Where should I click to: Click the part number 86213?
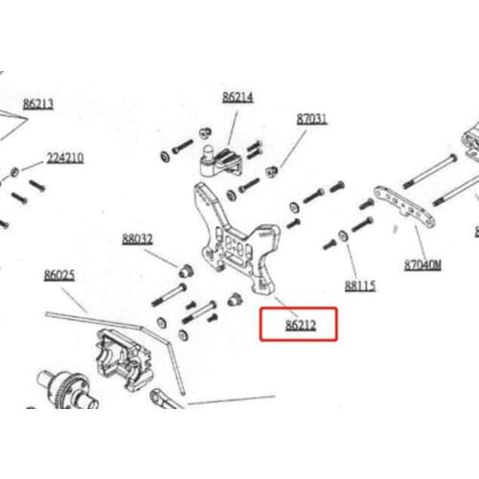tap(38, 104)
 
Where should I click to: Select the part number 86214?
tap(238, 97)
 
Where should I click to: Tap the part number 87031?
tap(312, 119)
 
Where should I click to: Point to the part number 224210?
tap(65, 158)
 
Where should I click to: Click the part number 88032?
tap(137, 239)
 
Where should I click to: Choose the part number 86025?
tap(59, 275)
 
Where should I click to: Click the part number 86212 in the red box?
tap(301, 325)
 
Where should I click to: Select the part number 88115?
tap(360, 285)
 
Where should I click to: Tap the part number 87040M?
tap(422, 265)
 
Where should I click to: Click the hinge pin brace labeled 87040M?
tap(405, 206)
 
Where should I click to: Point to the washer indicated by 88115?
tap(343, 236)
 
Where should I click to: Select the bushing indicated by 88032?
tap(186, 271)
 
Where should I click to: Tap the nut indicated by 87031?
tap(272, 172)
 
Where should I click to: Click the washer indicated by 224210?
tap(14, 172)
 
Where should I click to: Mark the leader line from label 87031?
tap(293, 148)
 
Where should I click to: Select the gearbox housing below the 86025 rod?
tap(125, 360)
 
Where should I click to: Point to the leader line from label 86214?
tap(233, 128)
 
